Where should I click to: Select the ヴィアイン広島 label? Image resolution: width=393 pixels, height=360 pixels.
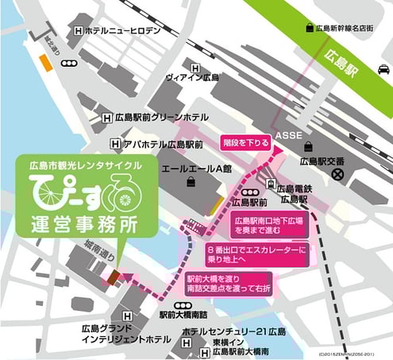(x=191, y=77)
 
